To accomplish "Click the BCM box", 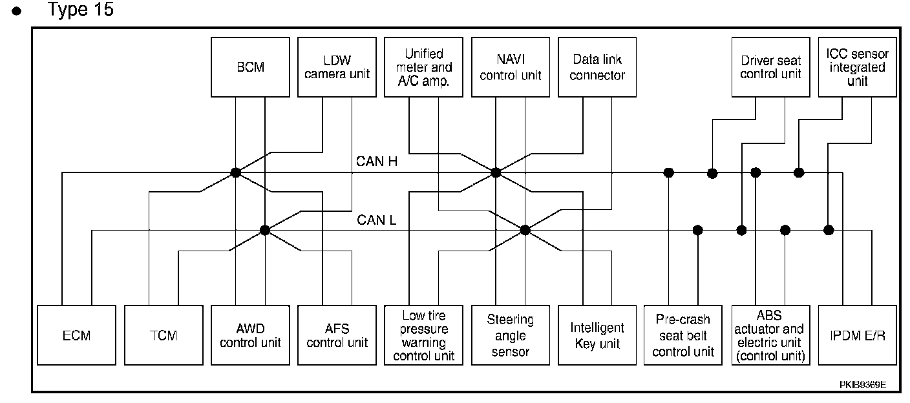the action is point(250,67).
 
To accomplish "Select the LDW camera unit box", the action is point(337,67).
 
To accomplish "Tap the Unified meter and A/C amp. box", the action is point(423,67).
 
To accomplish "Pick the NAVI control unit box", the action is point(511,67).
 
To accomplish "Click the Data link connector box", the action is point(597,67).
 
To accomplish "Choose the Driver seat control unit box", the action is point(770,67).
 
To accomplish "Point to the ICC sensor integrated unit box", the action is point(857,67).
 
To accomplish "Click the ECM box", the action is point(76,335).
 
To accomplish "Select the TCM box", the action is point(164,335).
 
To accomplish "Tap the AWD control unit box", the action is point(250,335).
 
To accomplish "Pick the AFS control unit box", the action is point(337,335).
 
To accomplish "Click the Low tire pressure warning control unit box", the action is point(423,335).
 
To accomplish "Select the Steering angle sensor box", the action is point(511,335).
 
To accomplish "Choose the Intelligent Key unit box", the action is point(597,335).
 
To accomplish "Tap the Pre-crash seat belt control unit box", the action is point(683,335).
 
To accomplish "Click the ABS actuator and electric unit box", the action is point(770,335).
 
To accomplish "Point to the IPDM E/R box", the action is point(857,335).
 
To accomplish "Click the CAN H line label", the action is point(377,161).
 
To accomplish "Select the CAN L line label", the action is point(376,220).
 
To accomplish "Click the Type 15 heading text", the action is point(80,9).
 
